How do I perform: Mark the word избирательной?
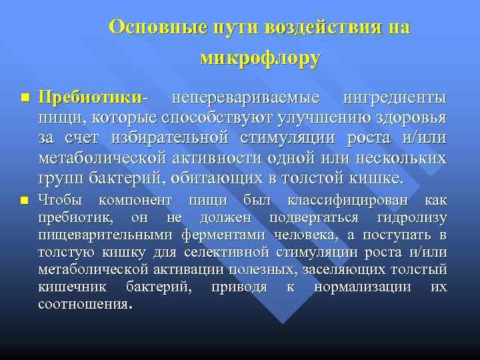point(182,139)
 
